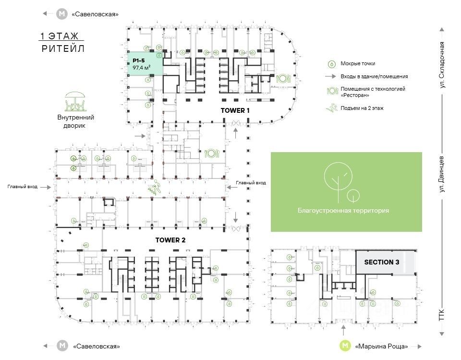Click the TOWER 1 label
pyautogui.click(x=235, y=110)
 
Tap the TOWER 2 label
pyautogui.click(x=170, y=240)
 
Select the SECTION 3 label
pyautogui.click(x=382, y=262)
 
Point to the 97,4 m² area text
pyautogui.click(x=143, y=68)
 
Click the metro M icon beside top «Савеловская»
pyautogui.click(x=61, y=14)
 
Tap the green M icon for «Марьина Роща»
pyautogui.click(x=344, y=346)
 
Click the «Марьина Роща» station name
pyautogui.click(x=382, y=346)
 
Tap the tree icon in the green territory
pyautogui.click(x=339, y=181)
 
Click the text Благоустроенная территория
pyautogui.click(x=343, y=211)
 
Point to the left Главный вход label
pyautogui.click(x=23, y=187)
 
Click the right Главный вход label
pyautogui.click(x=251, y=183)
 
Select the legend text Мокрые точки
pyautogui.click(x=358, y=63)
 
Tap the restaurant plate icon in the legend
pyautogui.click(x=331, y=91)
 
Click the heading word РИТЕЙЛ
pyautogui.click(x=63, y=48)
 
